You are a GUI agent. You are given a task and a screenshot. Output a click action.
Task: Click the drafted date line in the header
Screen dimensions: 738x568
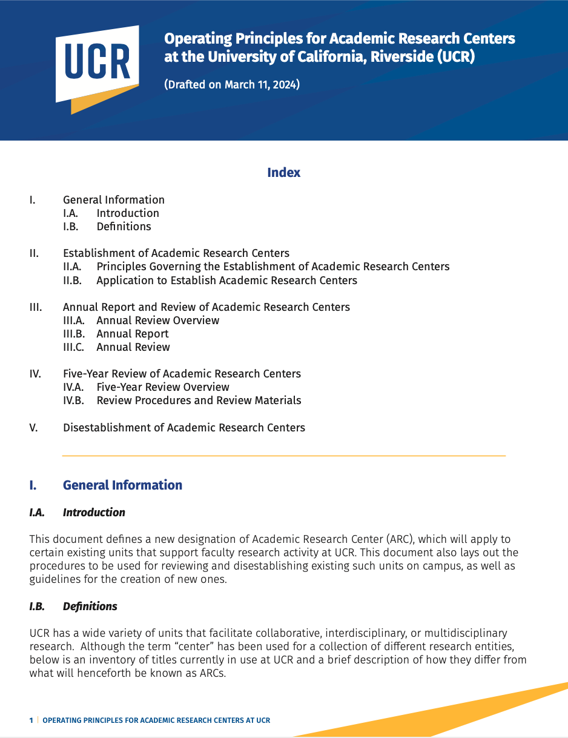point(232,85)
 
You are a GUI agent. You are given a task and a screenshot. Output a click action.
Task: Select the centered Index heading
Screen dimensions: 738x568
point(283,173)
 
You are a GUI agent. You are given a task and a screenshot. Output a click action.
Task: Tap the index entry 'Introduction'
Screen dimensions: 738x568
point(128,213)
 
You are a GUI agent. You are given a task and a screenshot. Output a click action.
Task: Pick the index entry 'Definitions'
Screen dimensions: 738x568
point(124,227)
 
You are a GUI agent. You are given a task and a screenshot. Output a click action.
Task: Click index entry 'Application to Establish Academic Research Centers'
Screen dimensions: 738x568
point(226,281)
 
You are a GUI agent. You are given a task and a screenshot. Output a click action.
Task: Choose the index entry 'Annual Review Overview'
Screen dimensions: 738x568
point(157,321)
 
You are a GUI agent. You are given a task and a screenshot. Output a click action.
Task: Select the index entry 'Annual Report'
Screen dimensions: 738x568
point(132,334)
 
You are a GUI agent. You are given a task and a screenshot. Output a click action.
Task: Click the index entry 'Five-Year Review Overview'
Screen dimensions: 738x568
point(162,387)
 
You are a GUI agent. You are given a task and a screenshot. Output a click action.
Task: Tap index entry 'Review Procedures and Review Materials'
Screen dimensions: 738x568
point(199,401)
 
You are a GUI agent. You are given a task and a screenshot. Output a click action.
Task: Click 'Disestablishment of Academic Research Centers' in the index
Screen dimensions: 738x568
point(184,428)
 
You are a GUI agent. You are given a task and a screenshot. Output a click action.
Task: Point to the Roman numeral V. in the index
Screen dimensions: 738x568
point(33,428)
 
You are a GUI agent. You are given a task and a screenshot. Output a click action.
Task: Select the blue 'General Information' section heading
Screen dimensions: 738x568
point(122,485)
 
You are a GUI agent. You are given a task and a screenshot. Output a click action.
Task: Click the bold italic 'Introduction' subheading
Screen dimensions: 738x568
point(94,513)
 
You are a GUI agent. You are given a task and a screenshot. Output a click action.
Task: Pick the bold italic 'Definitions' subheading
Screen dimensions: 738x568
point(90,607)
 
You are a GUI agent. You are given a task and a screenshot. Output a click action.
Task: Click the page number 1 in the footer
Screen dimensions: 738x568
point(31,720)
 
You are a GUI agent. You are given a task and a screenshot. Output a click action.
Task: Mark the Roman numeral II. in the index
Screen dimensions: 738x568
point(34,253)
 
